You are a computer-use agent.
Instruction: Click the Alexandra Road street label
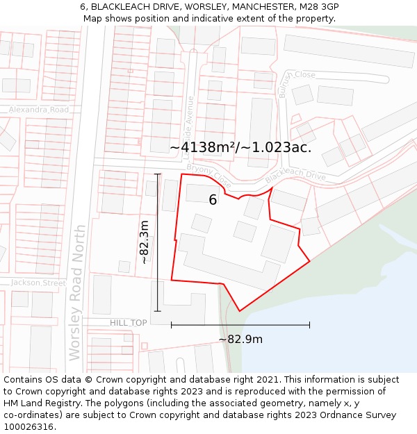click(39, 110)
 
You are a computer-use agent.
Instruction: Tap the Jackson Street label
click(38, 283)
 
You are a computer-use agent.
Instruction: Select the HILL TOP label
click(129, 323)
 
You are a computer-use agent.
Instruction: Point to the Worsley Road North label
click(76, 292)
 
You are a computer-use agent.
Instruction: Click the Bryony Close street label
click(209, 176)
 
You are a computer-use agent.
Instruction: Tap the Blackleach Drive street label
click(295, 177)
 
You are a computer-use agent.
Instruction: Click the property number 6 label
click(213, 200)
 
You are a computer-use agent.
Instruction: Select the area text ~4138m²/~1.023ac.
click(240, 147)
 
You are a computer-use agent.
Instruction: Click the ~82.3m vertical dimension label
click(143, 242)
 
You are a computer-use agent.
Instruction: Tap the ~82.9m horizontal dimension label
click(240, 340)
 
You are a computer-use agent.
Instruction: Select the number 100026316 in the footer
click(30, 427)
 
